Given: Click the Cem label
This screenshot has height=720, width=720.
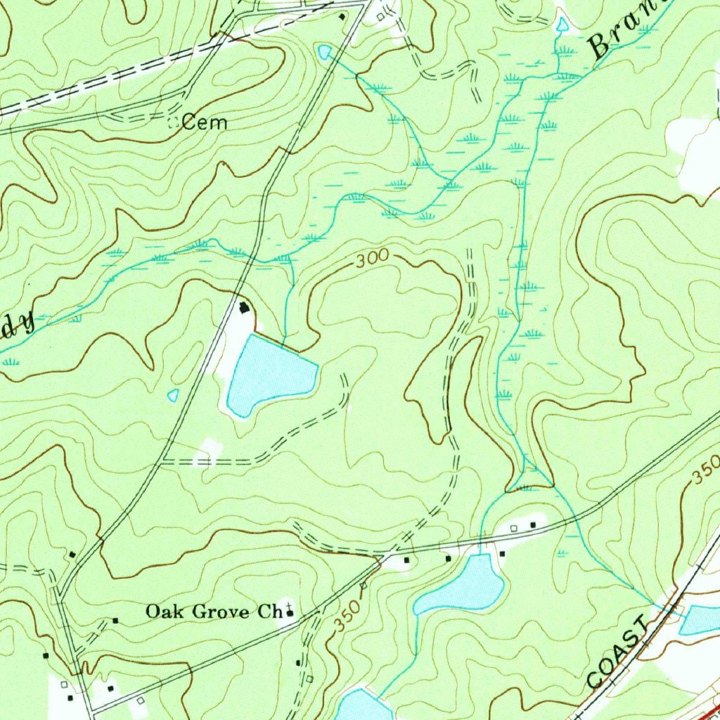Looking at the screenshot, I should point(205,123).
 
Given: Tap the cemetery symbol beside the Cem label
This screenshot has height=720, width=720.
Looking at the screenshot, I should point(174,123).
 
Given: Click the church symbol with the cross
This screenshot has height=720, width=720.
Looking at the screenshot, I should point(290,614).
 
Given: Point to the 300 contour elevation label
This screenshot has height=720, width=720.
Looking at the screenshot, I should point(371,259).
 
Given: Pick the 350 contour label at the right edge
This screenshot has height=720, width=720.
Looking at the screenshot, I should point(706,469).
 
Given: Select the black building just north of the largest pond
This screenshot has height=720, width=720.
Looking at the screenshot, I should point(245,307).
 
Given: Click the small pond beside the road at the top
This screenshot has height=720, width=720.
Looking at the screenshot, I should point(325,51).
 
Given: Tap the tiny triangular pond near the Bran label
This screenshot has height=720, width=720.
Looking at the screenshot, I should point(562,25).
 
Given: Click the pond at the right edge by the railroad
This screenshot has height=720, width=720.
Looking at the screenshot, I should point(700,619).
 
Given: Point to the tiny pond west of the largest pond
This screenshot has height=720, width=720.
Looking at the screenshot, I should point(173,395).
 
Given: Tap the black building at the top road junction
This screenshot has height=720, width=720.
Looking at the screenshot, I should point(342,16).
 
